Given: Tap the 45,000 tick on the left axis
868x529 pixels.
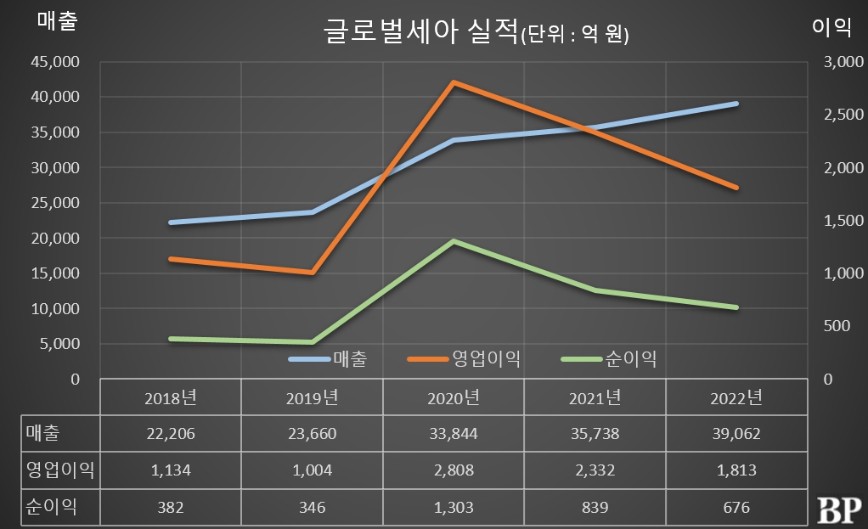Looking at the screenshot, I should tap(57, 62).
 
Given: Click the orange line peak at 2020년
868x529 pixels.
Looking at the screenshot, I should tap(454, 82).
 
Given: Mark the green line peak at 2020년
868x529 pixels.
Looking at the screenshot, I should tap(454, 241).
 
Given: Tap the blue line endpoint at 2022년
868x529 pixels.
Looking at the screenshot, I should tap(736, 104).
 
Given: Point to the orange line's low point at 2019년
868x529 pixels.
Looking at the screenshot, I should tap(313, 273).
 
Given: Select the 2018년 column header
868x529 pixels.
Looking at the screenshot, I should tap(171, 397).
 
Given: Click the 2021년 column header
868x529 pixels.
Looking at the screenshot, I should tap(595, 397).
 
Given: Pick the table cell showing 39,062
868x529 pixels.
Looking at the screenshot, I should tap(736, 434).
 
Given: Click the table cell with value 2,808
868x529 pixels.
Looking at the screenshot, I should tap(454, 470).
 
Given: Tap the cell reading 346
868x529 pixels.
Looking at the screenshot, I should tap(313, 507).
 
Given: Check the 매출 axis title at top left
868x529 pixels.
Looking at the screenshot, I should tap(58, 23).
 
